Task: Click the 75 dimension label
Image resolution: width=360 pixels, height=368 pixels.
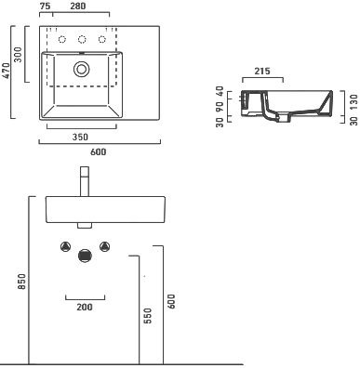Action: coord(46,7)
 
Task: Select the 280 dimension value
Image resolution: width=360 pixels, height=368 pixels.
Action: coord(78,7)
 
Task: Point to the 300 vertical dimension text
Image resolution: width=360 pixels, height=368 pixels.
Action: coord(18,55)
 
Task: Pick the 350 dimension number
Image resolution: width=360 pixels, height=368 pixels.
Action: coord(80,137)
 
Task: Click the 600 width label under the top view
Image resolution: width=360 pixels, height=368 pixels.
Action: coord(98,151)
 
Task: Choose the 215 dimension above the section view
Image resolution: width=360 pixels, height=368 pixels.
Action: coord(262,72)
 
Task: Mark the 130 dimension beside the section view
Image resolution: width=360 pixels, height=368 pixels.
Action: coord(353,102)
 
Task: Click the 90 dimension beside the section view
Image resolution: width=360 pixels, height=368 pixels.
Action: coord(220,107)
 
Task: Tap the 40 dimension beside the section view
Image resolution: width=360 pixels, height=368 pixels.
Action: coord(220,92)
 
